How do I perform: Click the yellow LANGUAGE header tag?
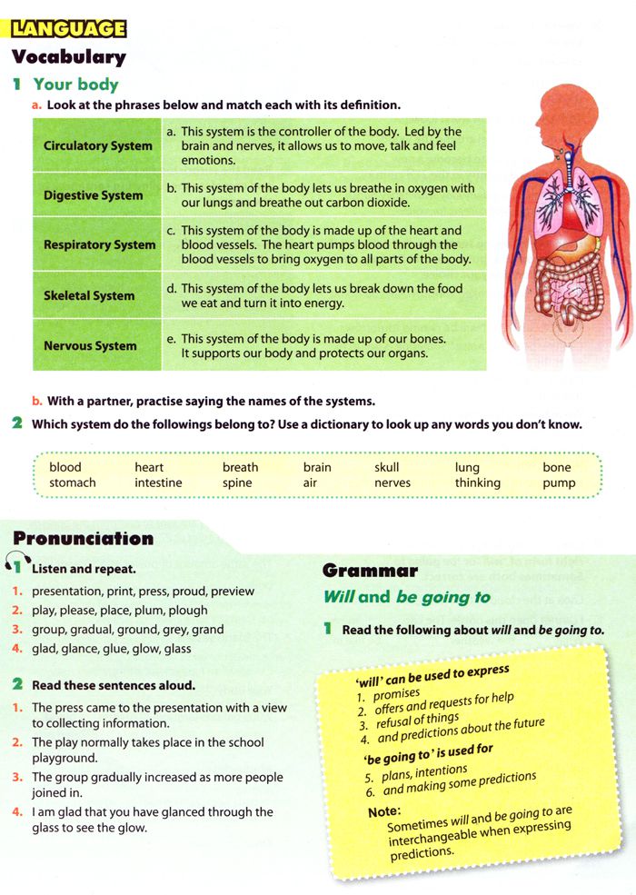(68, 28)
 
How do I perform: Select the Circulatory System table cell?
(97, 145)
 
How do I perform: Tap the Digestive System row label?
(93, 195)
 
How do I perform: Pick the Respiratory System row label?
(99, 244)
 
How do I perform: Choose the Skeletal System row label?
(88, 295)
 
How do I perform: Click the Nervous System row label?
(90, 345)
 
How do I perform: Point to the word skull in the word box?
(386, 467)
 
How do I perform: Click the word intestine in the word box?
(158, 482)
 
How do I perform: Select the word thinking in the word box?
(477, 482)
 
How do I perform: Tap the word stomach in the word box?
(73, 482)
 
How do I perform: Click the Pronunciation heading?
(83, 539)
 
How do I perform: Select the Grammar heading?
(370, 571)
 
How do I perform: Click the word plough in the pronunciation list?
(188, 610)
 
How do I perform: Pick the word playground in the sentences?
(65, 758)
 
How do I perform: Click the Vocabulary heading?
(68, 56)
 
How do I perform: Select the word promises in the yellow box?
(396, 694)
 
